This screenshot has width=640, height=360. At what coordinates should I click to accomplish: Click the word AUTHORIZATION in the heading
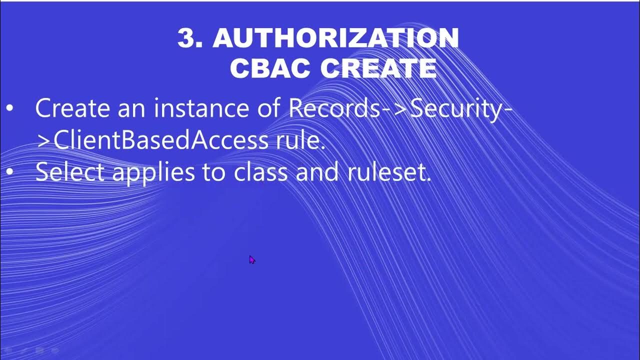coord(335,38)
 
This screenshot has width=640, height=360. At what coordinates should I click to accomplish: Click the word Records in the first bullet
coord(334,108)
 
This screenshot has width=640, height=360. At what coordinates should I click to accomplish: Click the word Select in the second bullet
coord(70,172)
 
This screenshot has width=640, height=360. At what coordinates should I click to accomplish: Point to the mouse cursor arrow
coord(251,259)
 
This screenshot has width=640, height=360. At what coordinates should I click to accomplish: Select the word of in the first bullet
coord(269,108)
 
